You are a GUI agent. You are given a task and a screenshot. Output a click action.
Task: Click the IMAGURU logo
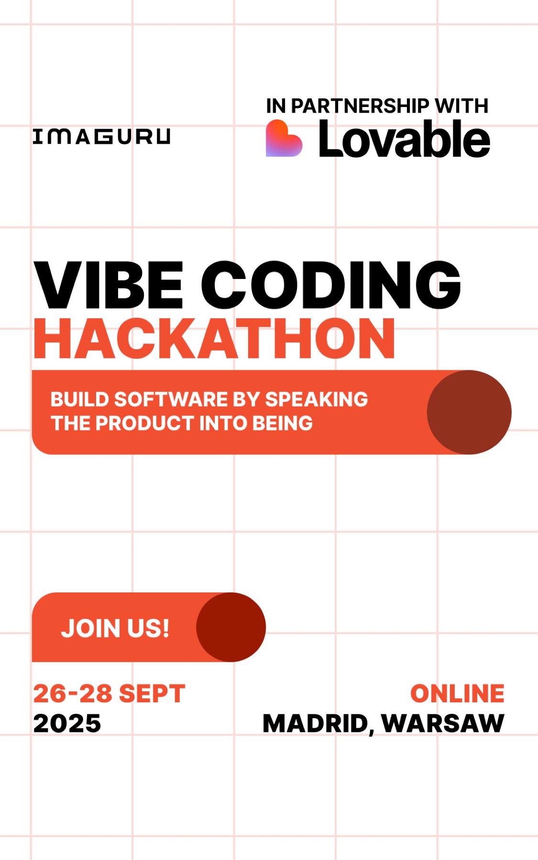pyautogui.click(x=101, y=137)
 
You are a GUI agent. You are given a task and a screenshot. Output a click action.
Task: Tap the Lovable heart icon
pyautogui.click(x=284, y=139)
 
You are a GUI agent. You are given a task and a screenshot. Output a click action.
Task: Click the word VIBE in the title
pyautogui.click(x=109, y=285)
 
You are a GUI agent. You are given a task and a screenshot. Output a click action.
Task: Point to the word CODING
pyautogui.click(x=331, y=285)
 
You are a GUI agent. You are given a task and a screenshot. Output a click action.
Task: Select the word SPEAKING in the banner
pyautogui.click(x=317, y=399)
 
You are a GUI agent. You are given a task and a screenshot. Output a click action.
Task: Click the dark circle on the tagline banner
pyautogui.click(x=469, y=412)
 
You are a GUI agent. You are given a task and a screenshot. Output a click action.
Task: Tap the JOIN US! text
pyautogui.click(x=115, y=628)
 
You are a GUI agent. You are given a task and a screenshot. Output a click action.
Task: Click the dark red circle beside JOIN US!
pyautogui.click(x=231, y=627)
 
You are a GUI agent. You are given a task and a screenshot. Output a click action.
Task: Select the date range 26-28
pyautogui.click(x=73, y=694)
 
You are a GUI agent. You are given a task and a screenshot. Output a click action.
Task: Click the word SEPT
pyautogui.click(x=152, y=694)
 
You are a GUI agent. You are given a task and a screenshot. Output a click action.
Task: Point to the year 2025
pyautogui.click(x=67, y=723)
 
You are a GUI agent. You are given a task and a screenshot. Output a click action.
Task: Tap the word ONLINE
pyautogui.click(x=457, y=694)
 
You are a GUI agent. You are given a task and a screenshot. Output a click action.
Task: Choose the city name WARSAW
pyautogui.click(x=443, y=723)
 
